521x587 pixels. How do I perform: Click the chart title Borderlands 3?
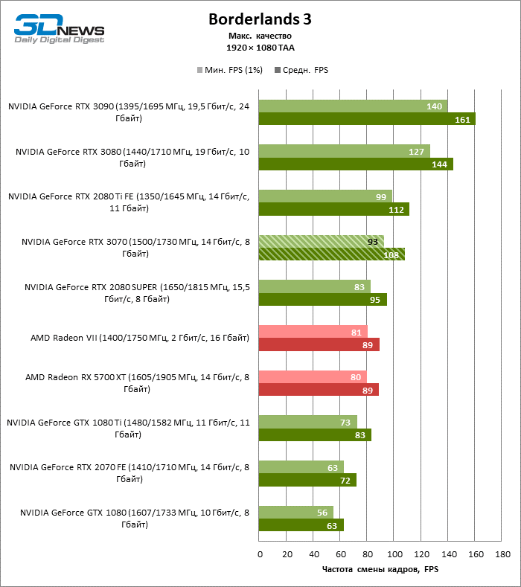(x=260, y=19)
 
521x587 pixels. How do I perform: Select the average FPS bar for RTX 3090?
(x=366, y=119)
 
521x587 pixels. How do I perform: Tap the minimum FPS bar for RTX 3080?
(x=344, y=151)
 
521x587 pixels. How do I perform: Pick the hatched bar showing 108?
(x=331, y=254)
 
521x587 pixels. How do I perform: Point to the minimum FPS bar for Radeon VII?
(x=313, y=332)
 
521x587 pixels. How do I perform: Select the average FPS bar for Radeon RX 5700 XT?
(x=319, y=389)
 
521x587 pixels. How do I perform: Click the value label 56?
(x=322, y=513)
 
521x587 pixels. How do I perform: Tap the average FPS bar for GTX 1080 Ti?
(x=315, y=435)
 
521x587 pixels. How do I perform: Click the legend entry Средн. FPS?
(x=301, y=70)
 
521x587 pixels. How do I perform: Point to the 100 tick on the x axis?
(x=394, y=554)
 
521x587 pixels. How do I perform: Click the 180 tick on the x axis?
(x=502, y=554)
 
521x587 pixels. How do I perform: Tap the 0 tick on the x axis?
(x=260, y=554)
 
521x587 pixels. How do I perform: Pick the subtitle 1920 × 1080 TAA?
(x=260, y=47)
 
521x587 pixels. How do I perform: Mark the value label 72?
(x=346, y=481)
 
